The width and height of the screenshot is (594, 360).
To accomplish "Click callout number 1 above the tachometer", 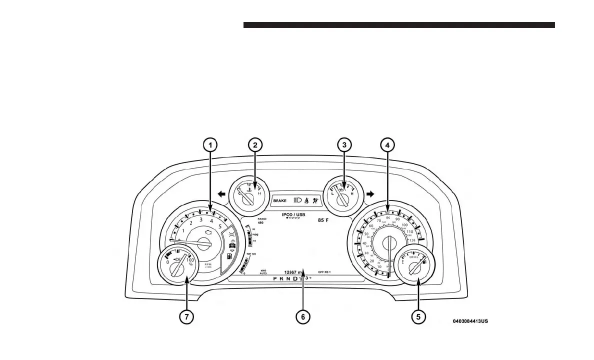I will tap(210, 145).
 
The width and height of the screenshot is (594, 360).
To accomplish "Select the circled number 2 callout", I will tap(255, 145).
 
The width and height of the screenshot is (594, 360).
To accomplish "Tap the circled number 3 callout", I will tap(343, 145).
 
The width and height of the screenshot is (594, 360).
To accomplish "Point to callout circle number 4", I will tap(387, 145).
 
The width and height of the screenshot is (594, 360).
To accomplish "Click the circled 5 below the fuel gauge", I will tap(418, 316).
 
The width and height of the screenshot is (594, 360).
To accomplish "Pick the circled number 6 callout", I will tap(302, 316).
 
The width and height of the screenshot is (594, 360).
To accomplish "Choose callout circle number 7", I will tap(187, 316).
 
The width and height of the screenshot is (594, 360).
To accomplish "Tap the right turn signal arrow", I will tap(370, 194).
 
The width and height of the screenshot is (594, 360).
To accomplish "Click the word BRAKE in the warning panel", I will tap(280, 200).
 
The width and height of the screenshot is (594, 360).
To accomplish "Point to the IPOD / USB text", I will tap(293, 214).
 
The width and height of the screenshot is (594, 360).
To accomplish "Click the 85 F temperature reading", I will tap(323, 220).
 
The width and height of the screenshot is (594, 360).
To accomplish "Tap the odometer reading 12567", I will tap(291, 272).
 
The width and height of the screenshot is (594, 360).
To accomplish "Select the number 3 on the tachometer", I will tap(201, 219).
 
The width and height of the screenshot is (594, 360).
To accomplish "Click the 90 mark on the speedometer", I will tap(397, 219).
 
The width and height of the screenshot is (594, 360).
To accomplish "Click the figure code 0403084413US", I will tap(470, 320).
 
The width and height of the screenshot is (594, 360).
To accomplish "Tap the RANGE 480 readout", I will tap(261, 221).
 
